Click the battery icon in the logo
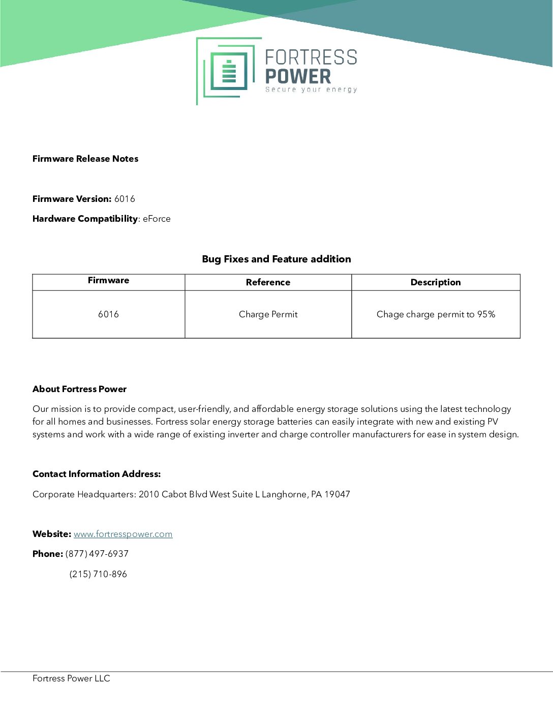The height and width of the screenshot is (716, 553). pyautogui.click(x=229, y=72)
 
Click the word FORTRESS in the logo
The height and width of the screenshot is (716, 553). pyautogui.click(x=311, y=57)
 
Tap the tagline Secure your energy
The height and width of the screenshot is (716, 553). pyautogui.click(x=311, y=89)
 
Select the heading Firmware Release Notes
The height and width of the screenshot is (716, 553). pyautogui.click(x=85, y=159)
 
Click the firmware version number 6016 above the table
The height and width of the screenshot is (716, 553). pyautogui.click(x=125, y=199)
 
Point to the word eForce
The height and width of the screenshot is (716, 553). pyautogui.click(x=157, y=219)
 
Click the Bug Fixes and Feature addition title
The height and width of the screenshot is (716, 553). pyautogui.click(x=276, y=259)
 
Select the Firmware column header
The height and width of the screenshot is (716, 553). pyautogui.click(x=108, y=280)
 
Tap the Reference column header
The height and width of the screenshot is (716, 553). pyautogui.click(x=268, y=282)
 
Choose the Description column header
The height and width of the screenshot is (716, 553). pyautogui.click(x=435, y=282)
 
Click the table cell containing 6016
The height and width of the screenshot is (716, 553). pyautogui.click(x=108, y=314)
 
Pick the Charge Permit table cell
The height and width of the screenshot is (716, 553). pyautogui.click(x=268, y=314)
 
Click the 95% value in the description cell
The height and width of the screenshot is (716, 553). pyautogui.click(x=485, y=314)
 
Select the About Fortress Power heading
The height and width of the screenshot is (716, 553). pyautogui.click(x=79, y=389)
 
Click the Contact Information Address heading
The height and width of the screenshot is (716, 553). pyautogui.click(x=97, y=474)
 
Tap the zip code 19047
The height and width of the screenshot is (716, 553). pyautogui.click(x=337, y=494)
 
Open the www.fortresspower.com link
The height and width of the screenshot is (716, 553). pyautogui.click(x=123, y=534)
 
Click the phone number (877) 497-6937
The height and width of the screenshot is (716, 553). pyautogui.click(x=97, y=554)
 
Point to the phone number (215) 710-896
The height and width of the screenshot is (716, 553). pyautogui.click(x=98, y=574)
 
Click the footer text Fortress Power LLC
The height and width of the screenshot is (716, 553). pyautogui.click(x=71, y=678)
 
